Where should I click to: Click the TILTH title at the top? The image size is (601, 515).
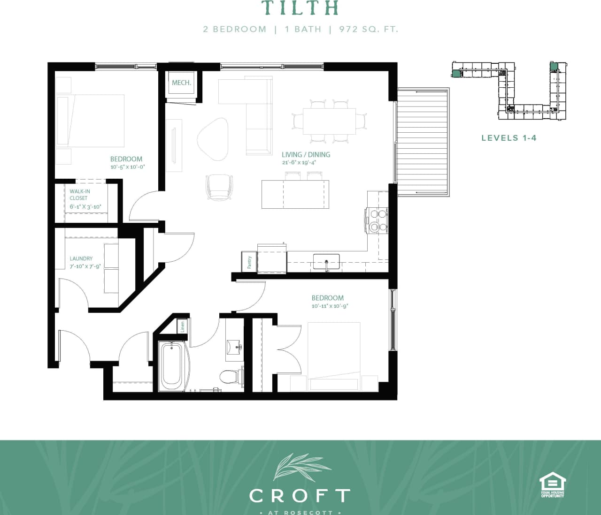pos(300,8)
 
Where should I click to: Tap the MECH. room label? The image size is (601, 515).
pos(181,83)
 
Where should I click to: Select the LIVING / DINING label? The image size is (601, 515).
pos(306,154)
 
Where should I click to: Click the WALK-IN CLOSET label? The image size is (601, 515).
pos(80,195)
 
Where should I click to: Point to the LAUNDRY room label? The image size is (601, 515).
pos(81,258)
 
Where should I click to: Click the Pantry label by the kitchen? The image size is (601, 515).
pos(249,262)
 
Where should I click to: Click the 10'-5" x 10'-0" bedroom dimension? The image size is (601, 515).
pos(127,167)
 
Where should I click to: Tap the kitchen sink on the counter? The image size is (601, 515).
pos(326,260)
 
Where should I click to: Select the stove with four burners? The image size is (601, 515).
pos(378,220)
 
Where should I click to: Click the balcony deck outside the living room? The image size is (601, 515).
pos(423,141)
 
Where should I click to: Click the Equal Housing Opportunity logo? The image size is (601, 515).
pos(552,485)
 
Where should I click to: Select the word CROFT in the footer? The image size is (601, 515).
pos(300,496)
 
